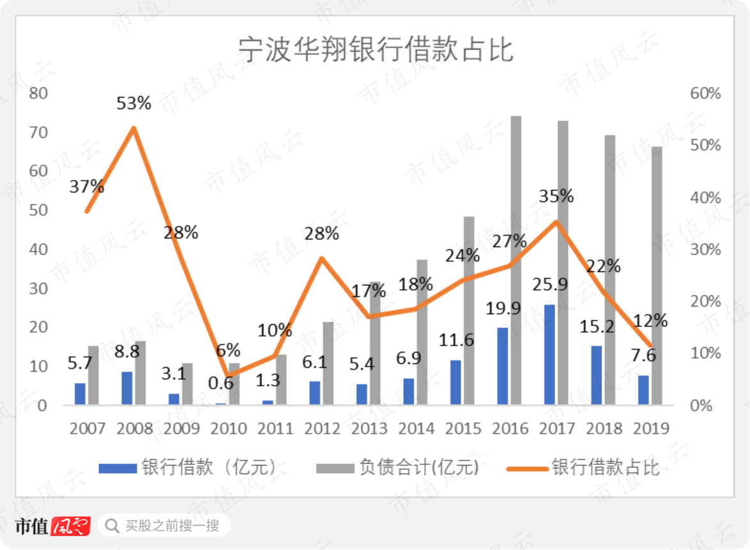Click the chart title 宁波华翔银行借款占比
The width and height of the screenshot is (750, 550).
tap(376, 49)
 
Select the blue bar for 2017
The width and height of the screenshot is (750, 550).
tap(549, 355)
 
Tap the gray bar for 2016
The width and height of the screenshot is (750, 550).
tap(516, 260)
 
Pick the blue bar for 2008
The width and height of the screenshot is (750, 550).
tap(126, 388)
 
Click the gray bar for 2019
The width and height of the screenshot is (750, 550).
tap(657, 275)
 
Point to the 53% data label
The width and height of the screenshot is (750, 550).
tap(134, 103)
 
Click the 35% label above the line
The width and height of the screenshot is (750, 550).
tap(556, 196)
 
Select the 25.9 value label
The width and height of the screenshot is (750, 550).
tap(551, 284)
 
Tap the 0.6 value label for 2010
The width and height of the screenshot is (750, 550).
tap(221, 383)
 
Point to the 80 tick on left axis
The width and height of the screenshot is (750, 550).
tap(38, 93)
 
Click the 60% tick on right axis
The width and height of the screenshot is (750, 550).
tap(705, 93)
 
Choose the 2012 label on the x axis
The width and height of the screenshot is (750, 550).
tap(322, 429)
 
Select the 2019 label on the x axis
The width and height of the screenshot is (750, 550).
tap(651, 429)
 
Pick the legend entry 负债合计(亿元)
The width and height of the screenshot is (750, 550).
tap(397, 467)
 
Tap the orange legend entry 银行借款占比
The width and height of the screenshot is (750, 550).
tap(583, 467)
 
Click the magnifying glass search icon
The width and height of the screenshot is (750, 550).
tap(112, 526)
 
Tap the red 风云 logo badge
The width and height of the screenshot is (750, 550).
tap(71, 526)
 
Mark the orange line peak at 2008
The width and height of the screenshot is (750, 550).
tap(134, 128)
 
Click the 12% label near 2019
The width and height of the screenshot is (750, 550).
tap(650, 321)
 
